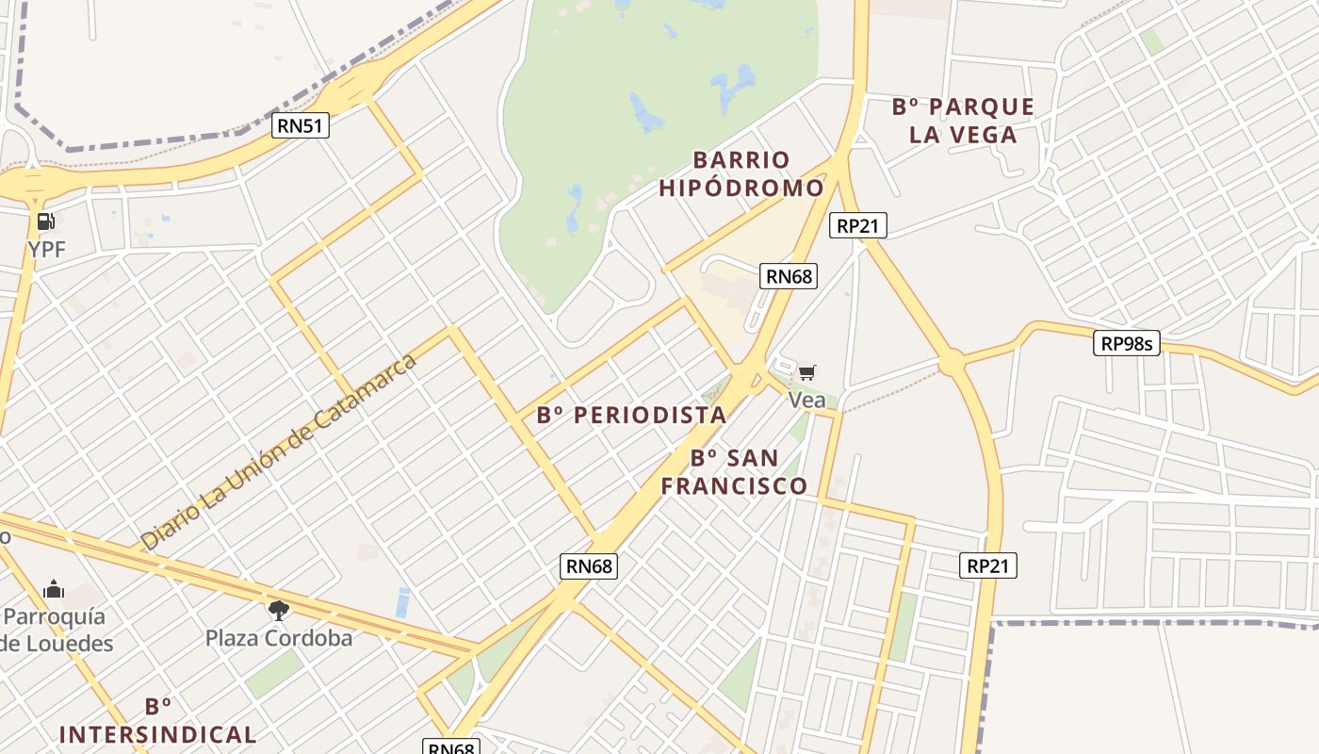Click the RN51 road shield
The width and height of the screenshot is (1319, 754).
tap(301, 125)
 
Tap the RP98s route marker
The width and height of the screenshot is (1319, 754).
tap(1127, 343)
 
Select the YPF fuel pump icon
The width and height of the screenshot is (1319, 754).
tap(45, 222)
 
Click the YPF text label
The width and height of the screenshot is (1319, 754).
tap(47, 249)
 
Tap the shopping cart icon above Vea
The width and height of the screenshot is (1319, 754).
tap(807, 373)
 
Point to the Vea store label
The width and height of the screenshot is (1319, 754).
tap(806, 400)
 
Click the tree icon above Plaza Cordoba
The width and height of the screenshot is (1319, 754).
tap(278, 611)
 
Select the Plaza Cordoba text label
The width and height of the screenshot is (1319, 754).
tap(279, 638)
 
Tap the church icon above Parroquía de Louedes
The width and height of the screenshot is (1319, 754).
tap(54, 590)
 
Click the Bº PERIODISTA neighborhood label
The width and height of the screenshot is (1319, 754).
tap(631, 415)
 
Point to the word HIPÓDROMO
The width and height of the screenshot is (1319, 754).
tap(741, 188)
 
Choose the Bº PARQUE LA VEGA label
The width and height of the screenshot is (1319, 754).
tap(963, 121)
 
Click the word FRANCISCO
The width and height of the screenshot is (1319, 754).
tap(734, 485)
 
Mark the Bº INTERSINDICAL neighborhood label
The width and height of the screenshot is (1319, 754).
tap(157, 721)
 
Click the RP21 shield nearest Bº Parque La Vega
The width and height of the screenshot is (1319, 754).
tap(857, 225)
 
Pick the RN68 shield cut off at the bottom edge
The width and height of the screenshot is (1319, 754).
tap(451, 747)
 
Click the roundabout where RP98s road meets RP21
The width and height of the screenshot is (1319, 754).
tap(950, 361)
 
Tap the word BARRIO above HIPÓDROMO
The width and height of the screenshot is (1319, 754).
tap(741, 159)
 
